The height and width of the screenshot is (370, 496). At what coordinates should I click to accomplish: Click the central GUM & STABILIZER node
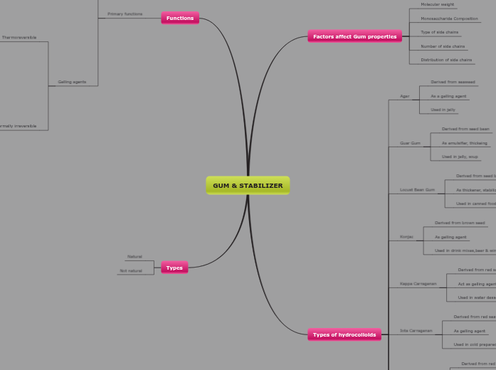[248, 186]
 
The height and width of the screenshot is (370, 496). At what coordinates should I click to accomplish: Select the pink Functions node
[180, 18]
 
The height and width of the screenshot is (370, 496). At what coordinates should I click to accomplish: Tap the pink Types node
[174, 268]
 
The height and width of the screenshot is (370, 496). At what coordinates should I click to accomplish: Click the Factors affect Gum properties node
[354, 36]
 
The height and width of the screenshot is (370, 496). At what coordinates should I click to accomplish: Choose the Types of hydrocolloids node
[344, 334]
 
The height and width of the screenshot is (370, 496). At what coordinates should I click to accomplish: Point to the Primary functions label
[125, 14]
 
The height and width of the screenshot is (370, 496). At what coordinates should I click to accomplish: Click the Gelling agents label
[72, 82]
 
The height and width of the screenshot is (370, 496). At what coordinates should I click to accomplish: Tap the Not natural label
[130, 270]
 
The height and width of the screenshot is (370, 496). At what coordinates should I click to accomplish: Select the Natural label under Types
[134, 256]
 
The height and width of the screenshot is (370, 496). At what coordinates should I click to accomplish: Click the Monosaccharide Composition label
[449, 18]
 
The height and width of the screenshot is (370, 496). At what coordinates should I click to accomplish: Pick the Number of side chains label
[443, 46]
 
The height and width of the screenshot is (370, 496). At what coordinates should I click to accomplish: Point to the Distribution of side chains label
[446, 60]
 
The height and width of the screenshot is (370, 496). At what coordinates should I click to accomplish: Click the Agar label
[404, 96]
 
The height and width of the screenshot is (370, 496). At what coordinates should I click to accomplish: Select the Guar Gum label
[410, 143]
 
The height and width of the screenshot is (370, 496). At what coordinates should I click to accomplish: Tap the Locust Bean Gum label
[417, 190]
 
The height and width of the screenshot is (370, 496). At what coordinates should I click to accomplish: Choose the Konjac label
[406, 236]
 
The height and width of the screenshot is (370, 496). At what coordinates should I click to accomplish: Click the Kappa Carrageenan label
[418, 283]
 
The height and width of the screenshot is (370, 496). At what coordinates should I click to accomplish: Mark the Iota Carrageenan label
[416, 330]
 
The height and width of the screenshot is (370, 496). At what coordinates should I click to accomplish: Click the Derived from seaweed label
[453, 82]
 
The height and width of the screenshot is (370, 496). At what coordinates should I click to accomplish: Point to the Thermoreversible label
[19, 37]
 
